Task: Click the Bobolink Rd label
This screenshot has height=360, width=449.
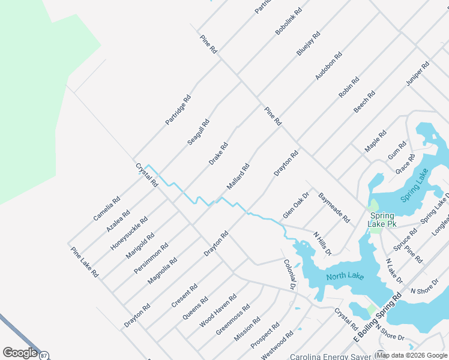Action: pos(289,21)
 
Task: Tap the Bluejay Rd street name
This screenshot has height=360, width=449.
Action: pos(309,44)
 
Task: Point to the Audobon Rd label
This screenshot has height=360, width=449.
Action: pos(329,66)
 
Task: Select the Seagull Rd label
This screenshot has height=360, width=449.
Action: pos(199,131)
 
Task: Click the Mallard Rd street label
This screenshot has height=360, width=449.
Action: pos(238,177)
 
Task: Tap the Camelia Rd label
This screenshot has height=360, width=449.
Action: pos(107,208)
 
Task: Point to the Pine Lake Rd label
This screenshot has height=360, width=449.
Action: pos(85,262)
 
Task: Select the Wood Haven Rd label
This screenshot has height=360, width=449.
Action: pos(218,310)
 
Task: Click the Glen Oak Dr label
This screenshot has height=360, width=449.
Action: pos(295,205)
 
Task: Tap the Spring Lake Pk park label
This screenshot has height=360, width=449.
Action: pos(382,220)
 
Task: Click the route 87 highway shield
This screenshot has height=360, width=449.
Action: pos(44,355)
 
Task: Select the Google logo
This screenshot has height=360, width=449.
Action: pos(20,353)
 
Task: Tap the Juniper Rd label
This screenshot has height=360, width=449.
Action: pos(417,73)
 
